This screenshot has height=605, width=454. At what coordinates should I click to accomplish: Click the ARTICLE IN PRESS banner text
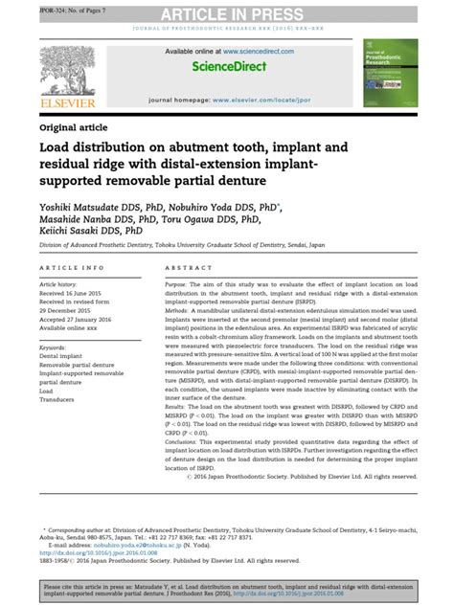click(227, 12)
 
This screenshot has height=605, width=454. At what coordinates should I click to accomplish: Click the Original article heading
click(72, 126)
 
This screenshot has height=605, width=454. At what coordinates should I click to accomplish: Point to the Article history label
click(61, 285)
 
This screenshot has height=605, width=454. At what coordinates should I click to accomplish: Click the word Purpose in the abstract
click(179, 285)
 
